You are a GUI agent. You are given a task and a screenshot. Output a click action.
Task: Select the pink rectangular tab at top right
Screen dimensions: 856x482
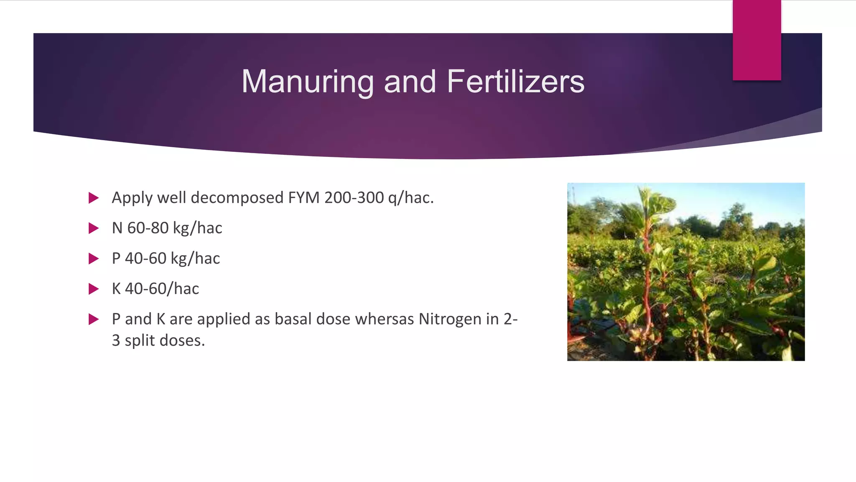(x=757, y=40)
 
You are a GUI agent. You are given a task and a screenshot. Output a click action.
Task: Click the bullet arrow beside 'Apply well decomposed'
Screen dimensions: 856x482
(x=94, y=198)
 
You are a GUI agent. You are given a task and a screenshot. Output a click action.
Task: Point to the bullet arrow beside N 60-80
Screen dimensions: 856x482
(x=94, y=228)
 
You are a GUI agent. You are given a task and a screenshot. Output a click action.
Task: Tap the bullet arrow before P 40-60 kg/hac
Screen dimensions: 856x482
(x=94, y=259)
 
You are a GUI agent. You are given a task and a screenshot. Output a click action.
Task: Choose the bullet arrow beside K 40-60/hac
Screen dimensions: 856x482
(x=94, y=289)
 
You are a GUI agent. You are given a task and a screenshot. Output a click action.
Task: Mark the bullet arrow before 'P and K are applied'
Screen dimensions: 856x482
(x=94, y=320)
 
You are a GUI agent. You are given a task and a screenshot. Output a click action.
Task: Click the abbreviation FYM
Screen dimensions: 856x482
(x=304, y=197)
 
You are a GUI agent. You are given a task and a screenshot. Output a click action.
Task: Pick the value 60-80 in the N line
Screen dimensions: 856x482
(x=148, y=228)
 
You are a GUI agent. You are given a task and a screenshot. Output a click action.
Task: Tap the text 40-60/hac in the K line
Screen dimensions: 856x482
(x=162, y=288)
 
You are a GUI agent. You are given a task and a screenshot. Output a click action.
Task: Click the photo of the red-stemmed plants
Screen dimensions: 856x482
(x=686, y=272)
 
